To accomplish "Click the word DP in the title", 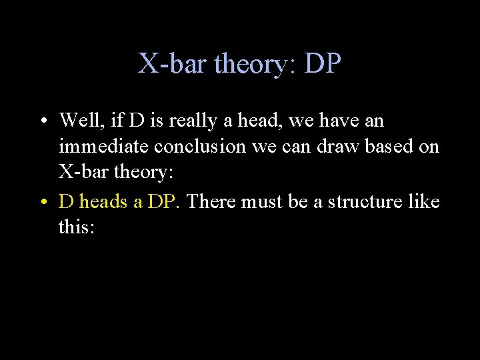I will (x=323, y=65).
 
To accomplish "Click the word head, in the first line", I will (x=261, y=121).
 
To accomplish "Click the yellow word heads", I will (x=103, y=201).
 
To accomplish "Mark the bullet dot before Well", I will (x=42, y=122).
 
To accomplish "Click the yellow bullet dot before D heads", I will (x=42, y=202).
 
